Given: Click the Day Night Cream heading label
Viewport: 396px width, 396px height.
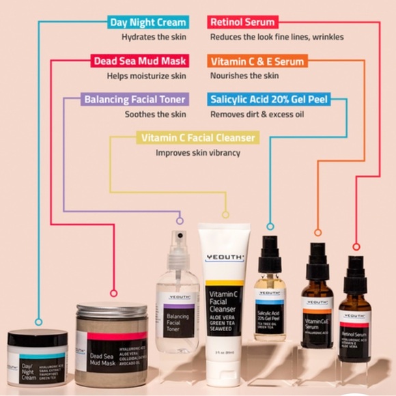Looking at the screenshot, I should [147, 23].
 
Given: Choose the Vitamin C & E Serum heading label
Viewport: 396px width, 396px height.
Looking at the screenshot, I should [258, 61].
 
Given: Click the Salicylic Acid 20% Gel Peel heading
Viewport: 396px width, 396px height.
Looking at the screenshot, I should [269, 100].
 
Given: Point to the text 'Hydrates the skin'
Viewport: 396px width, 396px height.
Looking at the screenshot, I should [154, 37].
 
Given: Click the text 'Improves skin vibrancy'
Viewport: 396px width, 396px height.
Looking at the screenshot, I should [198, 153].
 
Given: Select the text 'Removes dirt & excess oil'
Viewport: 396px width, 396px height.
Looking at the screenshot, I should [257, 114].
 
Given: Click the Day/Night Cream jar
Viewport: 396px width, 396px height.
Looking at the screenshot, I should [38, 358].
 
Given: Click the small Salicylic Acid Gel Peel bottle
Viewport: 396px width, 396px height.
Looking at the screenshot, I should [270, 294].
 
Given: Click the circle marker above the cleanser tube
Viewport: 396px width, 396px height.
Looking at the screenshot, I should [225, 214].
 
